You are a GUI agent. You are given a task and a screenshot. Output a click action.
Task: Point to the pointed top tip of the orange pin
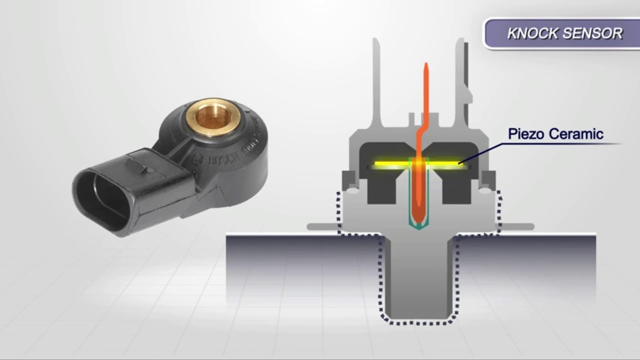click(x=425, y=66)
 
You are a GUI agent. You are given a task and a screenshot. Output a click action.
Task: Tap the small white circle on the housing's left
click(x=352, y=190)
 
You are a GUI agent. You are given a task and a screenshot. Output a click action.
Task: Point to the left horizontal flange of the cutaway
click(x=322, y=226)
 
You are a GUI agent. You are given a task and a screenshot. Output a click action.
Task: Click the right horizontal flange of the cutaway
click(x=517, y=226)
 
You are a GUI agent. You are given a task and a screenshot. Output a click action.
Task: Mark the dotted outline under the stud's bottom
click(x=418, y=322)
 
